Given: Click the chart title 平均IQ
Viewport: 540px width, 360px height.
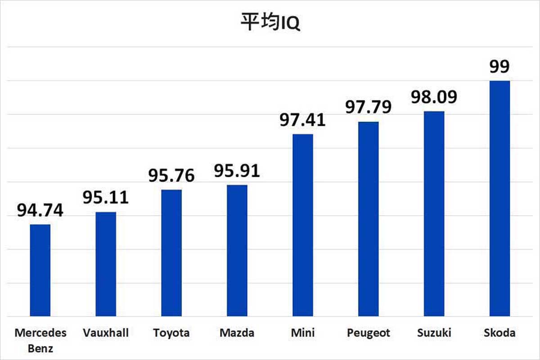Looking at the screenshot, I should pyautogui.click(x=270, y=23).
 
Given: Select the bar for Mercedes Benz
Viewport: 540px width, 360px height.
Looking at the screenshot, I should pyautogui.click(x=40, y=270).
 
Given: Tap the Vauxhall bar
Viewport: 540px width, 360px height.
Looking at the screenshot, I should pyautogui.click(x=106, y=264).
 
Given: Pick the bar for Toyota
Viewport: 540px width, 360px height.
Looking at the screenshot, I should pyautogui.click(x=171, y=253).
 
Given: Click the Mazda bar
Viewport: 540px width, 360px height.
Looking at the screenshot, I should pyautogui.click(x=237, y=251).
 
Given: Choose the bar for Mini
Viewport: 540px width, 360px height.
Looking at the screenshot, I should pyautogui.click(x=302, y=225).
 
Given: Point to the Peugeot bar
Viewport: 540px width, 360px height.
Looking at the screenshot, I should pyautogui.click(x=368, y=219).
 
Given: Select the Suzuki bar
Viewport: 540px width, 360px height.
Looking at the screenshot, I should pyautogui.click(x=434, y=214).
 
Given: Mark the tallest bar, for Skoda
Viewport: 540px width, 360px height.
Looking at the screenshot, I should pyautogui.click(x=499, y=198).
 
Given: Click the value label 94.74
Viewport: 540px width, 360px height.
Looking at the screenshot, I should pyautogui.click(x=40, y=210).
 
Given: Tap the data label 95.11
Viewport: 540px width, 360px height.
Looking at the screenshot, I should pyautogui.click(x=106, y=198).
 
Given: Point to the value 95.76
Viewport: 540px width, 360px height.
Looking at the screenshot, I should pyautogui.click(x=171, y=175).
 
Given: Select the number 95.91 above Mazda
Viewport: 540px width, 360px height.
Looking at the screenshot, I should pyautogui.click(x=237, y=171).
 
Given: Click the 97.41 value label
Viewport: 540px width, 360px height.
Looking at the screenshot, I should pyautogui.click(x=302, y=121).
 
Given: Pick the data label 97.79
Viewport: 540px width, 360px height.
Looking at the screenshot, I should pyautogui.click(x=368, y=107).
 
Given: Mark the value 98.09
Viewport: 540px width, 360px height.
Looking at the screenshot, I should pyautogui.click(x=434, y=97).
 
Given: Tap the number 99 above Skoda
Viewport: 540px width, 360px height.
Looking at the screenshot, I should pyautogui.click(x=499, y=67).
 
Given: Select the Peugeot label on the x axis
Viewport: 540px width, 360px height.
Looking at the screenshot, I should pyautogui.click(x=368, y=333).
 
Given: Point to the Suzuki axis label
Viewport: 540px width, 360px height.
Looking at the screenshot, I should pyautogui.click(x=434, y=333).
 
